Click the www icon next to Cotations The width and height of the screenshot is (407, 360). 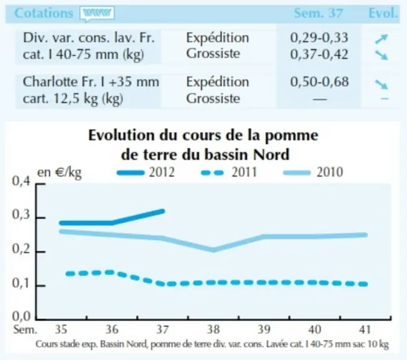click(x=97, y=13)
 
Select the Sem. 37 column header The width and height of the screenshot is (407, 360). click(x=318, y=13)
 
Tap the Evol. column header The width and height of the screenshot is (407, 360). click(x=383, y=13)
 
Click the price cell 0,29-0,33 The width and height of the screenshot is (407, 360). click(x=319, y=37)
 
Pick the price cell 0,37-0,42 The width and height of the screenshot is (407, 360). click(x=319, y=54)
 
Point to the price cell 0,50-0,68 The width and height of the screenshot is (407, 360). click(x=319, y=82)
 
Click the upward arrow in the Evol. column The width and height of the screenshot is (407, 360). click(x=381, y=39)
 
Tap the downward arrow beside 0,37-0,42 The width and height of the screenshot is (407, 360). click(x=381, y=55)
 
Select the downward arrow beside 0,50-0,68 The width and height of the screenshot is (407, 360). click(x=381, y=84)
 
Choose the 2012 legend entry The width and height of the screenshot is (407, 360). click(x=146, y=172)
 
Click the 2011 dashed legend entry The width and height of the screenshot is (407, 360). click(x=229, y=172)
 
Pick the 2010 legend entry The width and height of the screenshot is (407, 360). click(x=313, y=172)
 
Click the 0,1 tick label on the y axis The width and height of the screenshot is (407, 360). click(x=21, y=283)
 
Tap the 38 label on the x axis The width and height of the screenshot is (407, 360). click(x=213, y=329)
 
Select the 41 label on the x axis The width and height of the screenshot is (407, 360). click(x=365, y=329)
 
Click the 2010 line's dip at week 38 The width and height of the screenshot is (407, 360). click(x=213, y=250)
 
